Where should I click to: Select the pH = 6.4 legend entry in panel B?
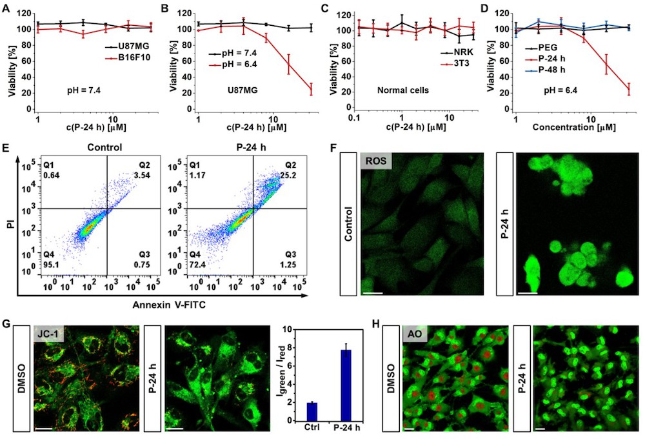233,65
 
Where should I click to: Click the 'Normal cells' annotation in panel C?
403,90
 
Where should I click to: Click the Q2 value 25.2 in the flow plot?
288,176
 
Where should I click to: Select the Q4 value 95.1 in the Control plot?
52,265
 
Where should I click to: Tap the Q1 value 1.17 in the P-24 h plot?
197,176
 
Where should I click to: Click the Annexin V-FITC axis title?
169,305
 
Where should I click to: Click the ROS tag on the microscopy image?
376,161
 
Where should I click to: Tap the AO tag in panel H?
415,334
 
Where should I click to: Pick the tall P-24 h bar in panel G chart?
346,385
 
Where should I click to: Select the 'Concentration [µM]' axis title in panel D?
574,127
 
